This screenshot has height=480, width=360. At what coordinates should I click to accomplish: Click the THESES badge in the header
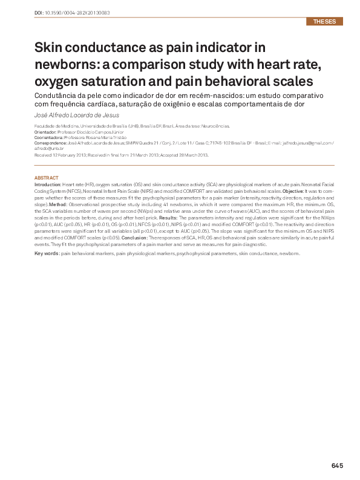click(325, 22)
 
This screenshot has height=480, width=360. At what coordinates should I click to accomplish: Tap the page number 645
click(337, 465)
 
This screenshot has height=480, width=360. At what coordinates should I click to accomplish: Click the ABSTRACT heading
click(47, 178)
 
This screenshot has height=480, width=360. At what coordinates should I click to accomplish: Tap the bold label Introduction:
click(48, 184)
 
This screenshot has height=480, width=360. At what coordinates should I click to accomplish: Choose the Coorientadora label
click(48, 137)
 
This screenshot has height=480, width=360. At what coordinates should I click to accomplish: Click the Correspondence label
click(51, 143)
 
